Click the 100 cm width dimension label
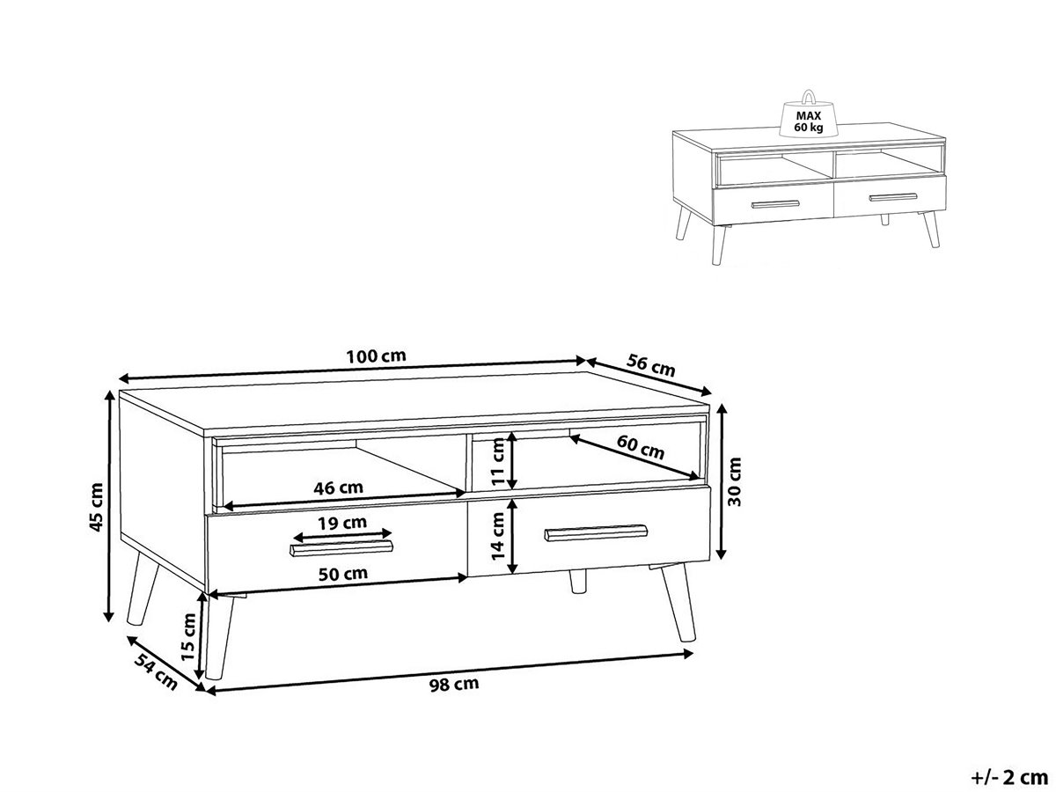pos(376,356)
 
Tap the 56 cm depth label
pos(651,365)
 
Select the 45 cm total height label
pos(97,507)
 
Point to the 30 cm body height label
pos(734,481)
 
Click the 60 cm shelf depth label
pos(641,447)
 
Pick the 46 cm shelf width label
pos(338,488)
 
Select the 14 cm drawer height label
pos(498,536)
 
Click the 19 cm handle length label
pos(342,523)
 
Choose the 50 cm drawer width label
pos(343,574)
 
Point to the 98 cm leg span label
pos(454,685)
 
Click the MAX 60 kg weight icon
pos(808,114)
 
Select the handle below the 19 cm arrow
pos(341,547)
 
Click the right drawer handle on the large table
pos(596,532)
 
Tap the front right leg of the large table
pos(677,602)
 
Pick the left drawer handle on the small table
pos(775,204)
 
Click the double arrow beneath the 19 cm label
pos(342,534)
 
